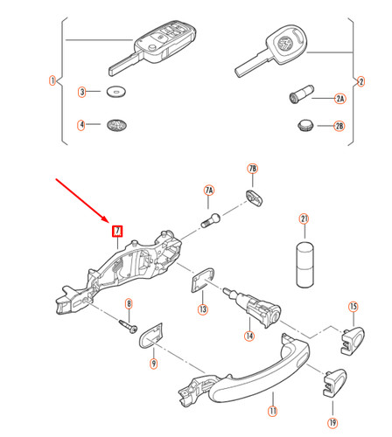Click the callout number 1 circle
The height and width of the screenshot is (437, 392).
click(52, 81)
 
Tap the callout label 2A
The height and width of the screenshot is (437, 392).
click(339, 100)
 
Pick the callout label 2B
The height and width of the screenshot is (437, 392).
click(339, 127)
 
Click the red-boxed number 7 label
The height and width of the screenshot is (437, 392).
click(117, 232)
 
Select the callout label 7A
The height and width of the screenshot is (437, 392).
click(209, 190)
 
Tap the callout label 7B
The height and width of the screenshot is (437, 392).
click(253, 168)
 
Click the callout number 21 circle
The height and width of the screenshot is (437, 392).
click(304, 219)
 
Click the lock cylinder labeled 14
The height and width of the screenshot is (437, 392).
click(255, 307)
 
